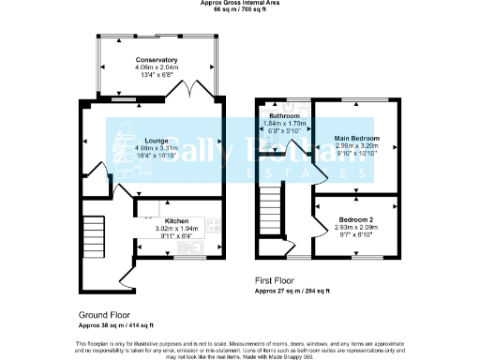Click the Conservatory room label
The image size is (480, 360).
point(156,59)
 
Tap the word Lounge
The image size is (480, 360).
point(156,139)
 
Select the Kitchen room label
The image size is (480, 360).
point(177,220)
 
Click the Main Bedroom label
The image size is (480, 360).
point(356,138)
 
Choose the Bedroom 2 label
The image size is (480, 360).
point(356,219)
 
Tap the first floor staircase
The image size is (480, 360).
point(271,202)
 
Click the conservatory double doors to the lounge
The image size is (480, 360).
point(192,92)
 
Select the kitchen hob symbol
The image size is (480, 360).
point(214,225)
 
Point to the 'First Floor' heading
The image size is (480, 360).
point(277,280)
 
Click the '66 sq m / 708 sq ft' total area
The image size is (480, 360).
point(240,9)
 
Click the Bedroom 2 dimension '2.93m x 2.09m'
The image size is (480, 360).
point(356,227)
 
